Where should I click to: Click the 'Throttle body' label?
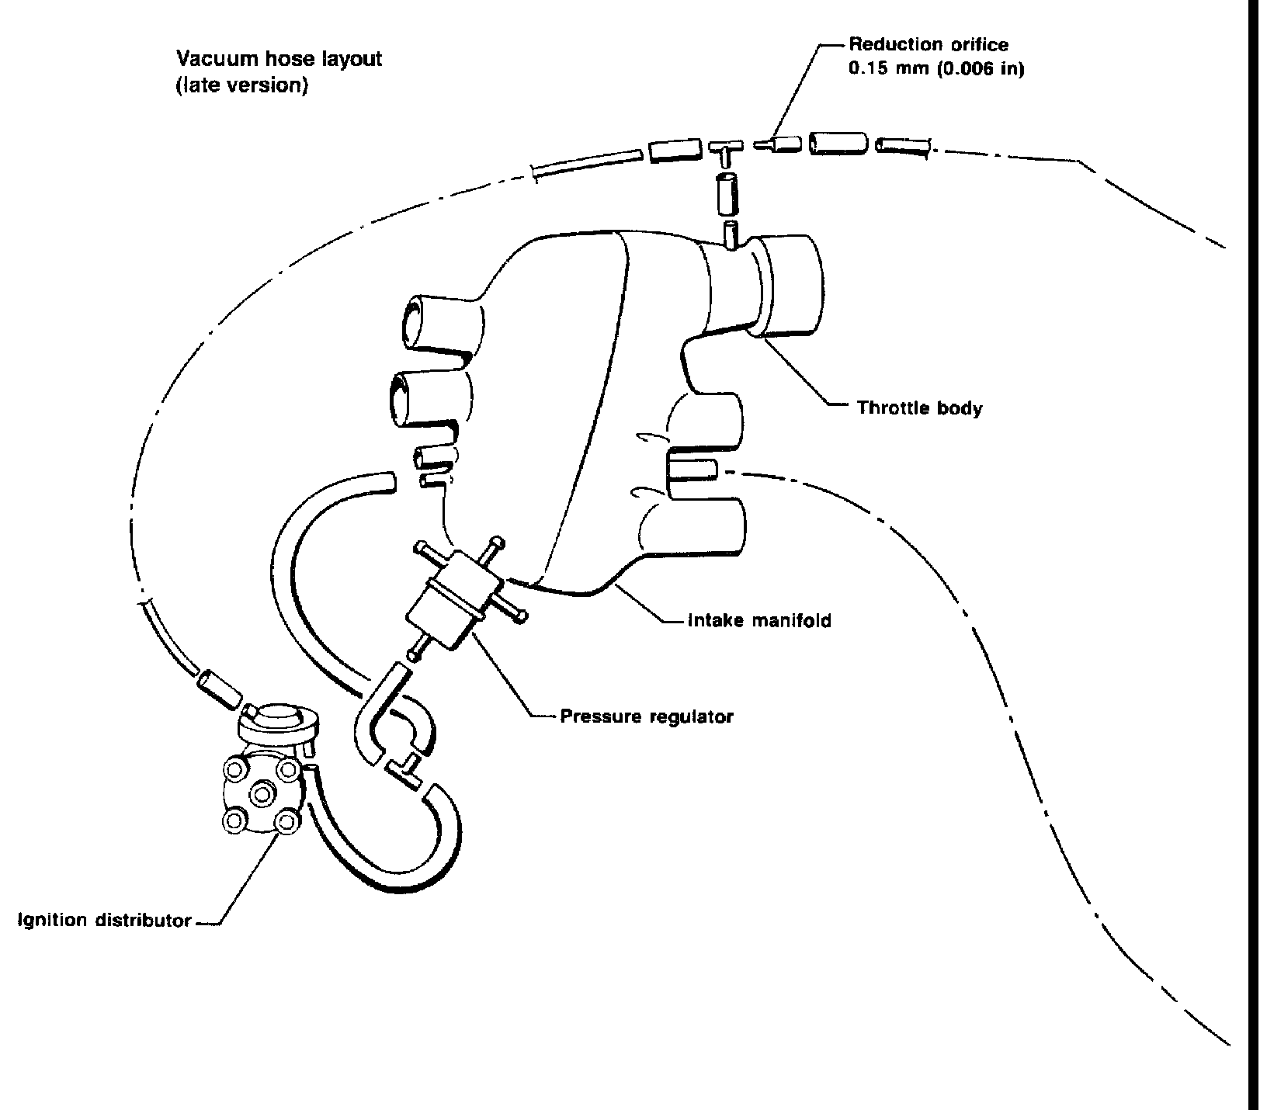click(919, 408)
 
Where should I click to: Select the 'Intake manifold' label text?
click(759, 620)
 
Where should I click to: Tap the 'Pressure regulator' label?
click(646, 716)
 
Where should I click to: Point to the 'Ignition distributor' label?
click(105, 921)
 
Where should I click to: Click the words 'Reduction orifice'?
click(928, 45)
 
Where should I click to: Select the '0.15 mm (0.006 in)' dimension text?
click(936, 69)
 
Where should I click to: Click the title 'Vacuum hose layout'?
click(279, 59)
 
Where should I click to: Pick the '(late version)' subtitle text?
click(242, 85)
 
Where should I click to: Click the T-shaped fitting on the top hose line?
click(725, 150)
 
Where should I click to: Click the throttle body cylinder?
click(790, 284)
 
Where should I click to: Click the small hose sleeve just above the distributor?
click(217, 689)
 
